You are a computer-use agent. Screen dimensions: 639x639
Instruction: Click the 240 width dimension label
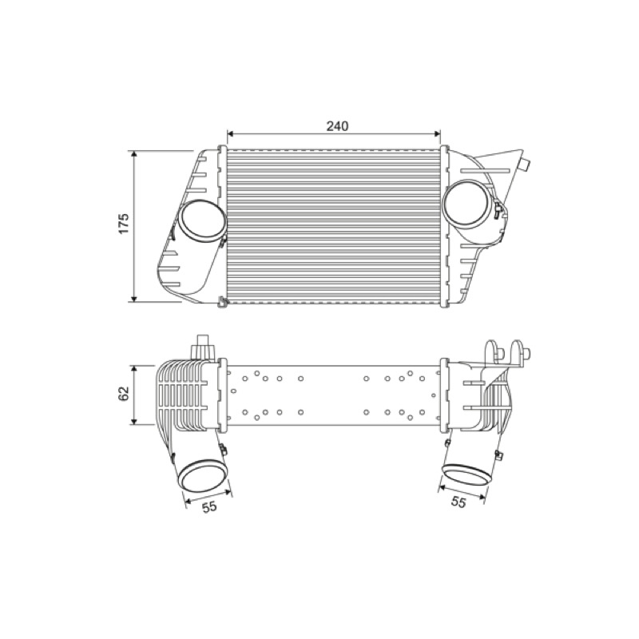point(337,126)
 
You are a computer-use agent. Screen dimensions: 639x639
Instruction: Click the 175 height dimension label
point(124,223)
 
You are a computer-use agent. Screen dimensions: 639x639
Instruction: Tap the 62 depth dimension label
point(124,393)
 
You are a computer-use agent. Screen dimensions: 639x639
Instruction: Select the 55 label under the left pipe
point(209,507)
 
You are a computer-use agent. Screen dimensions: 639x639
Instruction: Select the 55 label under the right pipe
point(458,502)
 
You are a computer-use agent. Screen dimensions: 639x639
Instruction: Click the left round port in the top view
point(202,221)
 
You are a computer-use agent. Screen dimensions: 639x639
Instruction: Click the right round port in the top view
point(467,204)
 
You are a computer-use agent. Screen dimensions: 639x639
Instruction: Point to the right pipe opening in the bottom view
point(466,474)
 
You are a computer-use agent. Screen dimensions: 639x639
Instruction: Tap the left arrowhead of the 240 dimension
point(230,133)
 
